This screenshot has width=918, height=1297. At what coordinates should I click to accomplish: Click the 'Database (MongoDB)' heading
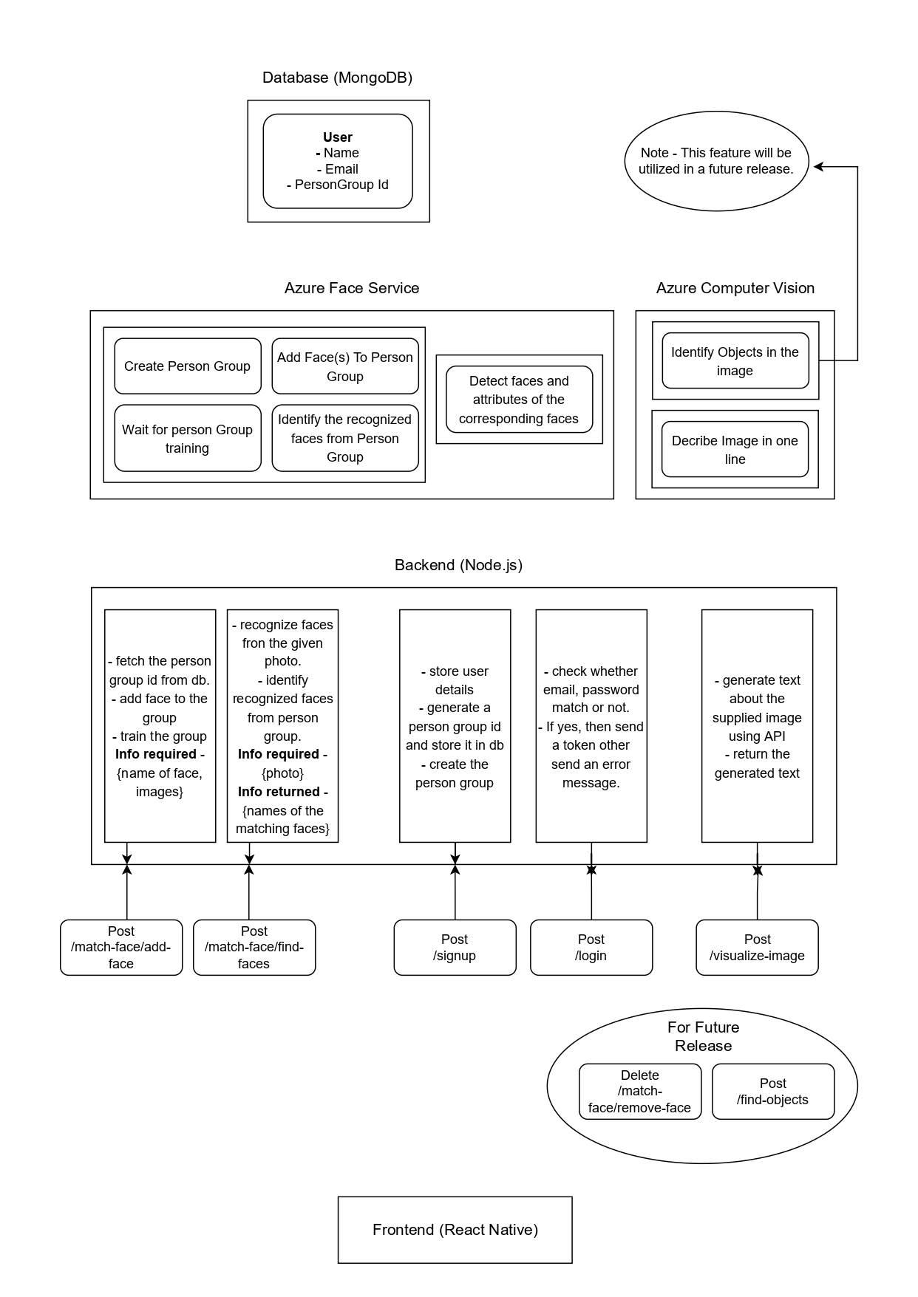point(337,78)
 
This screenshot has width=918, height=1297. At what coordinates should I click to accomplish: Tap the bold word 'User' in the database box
point(338,137)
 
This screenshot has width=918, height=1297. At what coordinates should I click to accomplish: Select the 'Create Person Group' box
point(188,366)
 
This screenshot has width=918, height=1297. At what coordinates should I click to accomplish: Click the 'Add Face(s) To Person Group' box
point(345,366)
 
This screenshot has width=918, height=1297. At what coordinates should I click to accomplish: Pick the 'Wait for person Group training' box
point(188,438)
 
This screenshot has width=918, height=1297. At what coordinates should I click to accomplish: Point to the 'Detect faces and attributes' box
point(519,400)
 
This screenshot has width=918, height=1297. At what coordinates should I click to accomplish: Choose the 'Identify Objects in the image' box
point(735,361)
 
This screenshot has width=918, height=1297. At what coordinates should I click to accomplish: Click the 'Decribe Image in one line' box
point(735,449)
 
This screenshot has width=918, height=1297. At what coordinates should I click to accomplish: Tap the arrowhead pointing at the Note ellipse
point(819,167)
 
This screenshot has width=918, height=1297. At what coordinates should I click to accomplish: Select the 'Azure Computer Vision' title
point(735,288)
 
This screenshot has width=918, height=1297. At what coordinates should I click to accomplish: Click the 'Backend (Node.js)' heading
point(458,565)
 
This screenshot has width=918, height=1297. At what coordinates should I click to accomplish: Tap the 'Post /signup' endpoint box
point(455,948)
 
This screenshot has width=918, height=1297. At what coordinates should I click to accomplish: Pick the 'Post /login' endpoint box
point(591,948)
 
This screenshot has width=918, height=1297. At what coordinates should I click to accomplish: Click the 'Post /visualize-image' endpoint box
point(757,948)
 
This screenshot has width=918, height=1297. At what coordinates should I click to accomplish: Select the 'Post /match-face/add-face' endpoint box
point(121,948)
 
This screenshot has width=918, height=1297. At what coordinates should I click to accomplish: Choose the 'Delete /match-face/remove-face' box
point(639,1092)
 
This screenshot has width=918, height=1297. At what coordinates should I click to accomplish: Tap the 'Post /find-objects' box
point(772,1092)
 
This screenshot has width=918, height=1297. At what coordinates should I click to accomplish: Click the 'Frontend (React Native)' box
point(455,1230)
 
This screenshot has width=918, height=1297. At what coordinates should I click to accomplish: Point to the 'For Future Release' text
point(703,1036)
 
